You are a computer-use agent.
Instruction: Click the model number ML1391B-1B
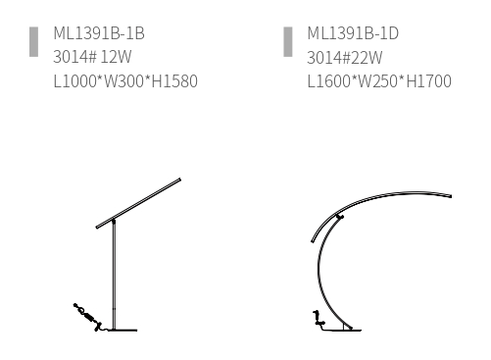(x=99, y=33)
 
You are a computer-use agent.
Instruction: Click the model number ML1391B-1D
(x=353, y=33)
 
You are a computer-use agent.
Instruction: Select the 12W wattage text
(x=116, y=57)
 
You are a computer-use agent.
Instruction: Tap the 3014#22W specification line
(x=345, y=58)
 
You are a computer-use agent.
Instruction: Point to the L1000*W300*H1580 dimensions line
(x=125, y=81)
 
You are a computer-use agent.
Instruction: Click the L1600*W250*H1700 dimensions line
(x=379, y=81)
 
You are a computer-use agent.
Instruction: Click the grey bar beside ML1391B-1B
(x=33, y=42)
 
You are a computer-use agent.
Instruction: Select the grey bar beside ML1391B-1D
(x=288, y=42)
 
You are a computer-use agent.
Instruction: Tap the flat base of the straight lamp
(x=123, y=331)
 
